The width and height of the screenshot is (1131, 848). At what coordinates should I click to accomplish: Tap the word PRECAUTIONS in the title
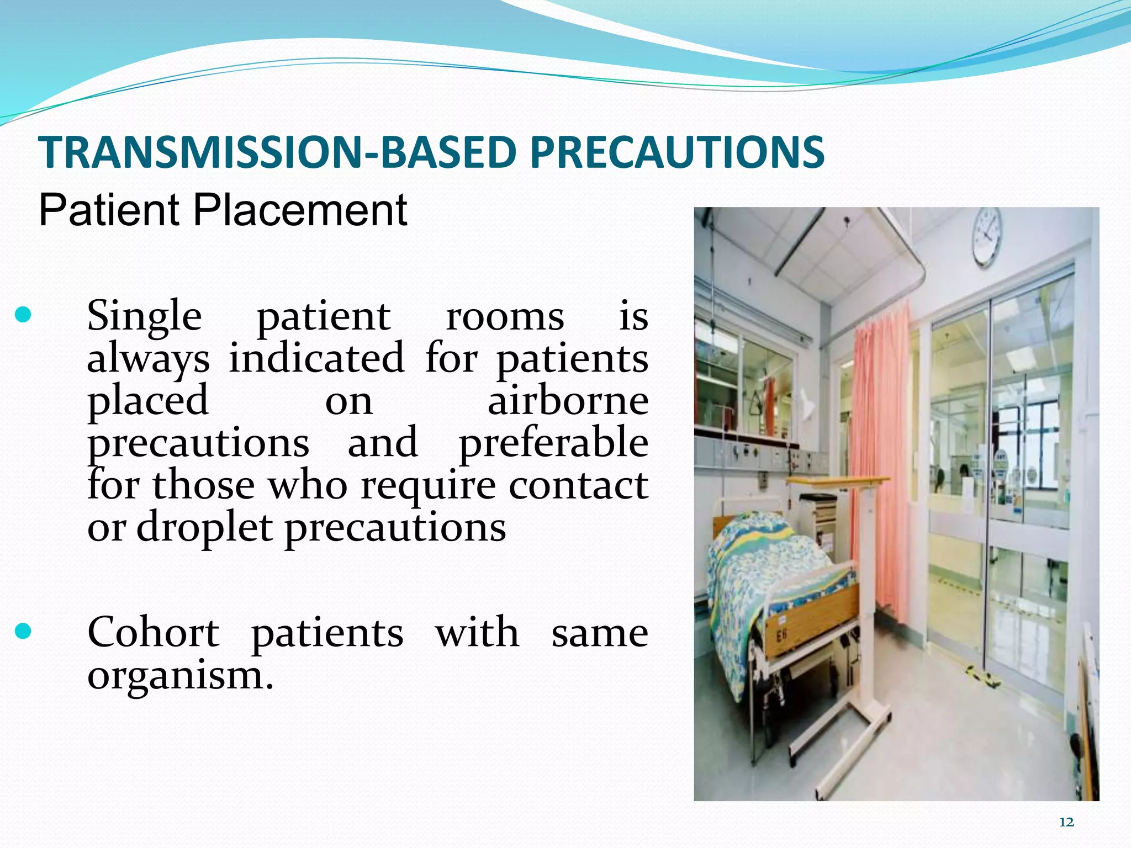(677, 152)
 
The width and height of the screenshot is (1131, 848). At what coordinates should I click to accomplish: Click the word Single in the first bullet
(144, 316)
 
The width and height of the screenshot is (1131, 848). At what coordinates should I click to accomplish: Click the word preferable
(554, 443)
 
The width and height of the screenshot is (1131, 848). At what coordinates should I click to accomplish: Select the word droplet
(204, 527)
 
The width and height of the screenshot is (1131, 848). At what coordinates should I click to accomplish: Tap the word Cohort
(153, 632)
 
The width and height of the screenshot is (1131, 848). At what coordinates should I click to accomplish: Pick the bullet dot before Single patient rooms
(23, 315)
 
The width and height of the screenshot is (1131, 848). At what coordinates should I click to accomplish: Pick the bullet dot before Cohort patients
(23, 631)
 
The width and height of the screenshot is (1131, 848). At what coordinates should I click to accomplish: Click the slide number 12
(1066, 823)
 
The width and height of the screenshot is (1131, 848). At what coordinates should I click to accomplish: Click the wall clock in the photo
(987, 236)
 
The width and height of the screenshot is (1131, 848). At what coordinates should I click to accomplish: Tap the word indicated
(316, 358)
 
